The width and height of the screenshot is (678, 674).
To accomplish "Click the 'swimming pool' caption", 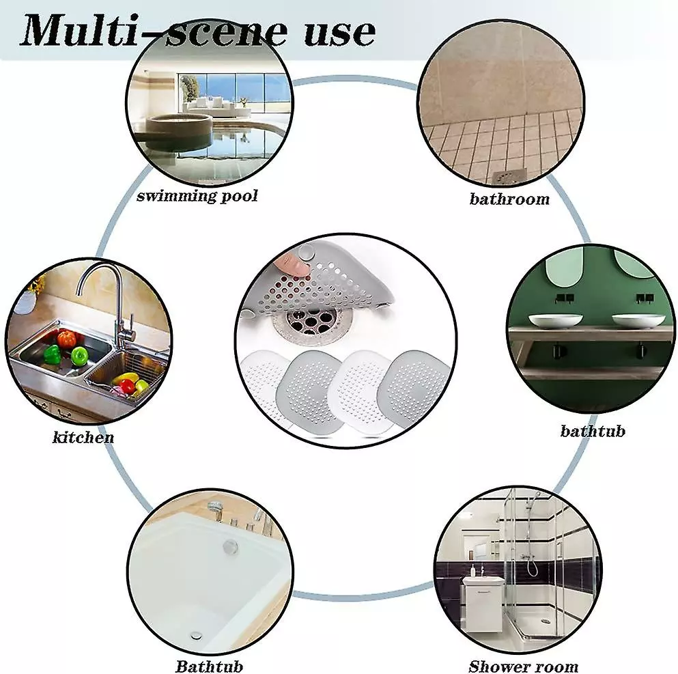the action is click(197, 196).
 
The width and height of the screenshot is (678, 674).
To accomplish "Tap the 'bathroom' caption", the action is click(509, 199).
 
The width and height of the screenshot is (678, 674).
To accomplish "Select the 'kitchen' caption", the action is click(83, 437).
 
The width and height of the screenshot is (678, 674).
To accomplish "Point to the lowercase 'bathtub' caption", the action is click(593, 431).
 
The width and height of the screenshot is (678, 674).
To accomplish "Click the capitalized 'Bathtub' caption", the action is click(210, 666).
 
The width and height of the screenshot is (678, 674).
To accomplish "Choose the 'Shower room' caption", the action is click(524, 666).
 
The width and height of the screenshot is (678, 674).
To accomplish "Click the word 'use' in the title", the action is click(339, 32).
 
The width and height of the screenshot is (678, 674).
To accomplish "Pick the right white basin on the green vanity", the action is click(638, 320).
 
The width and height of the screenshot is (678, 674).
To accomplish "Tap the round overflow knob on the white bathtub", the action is click(230, 546).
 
